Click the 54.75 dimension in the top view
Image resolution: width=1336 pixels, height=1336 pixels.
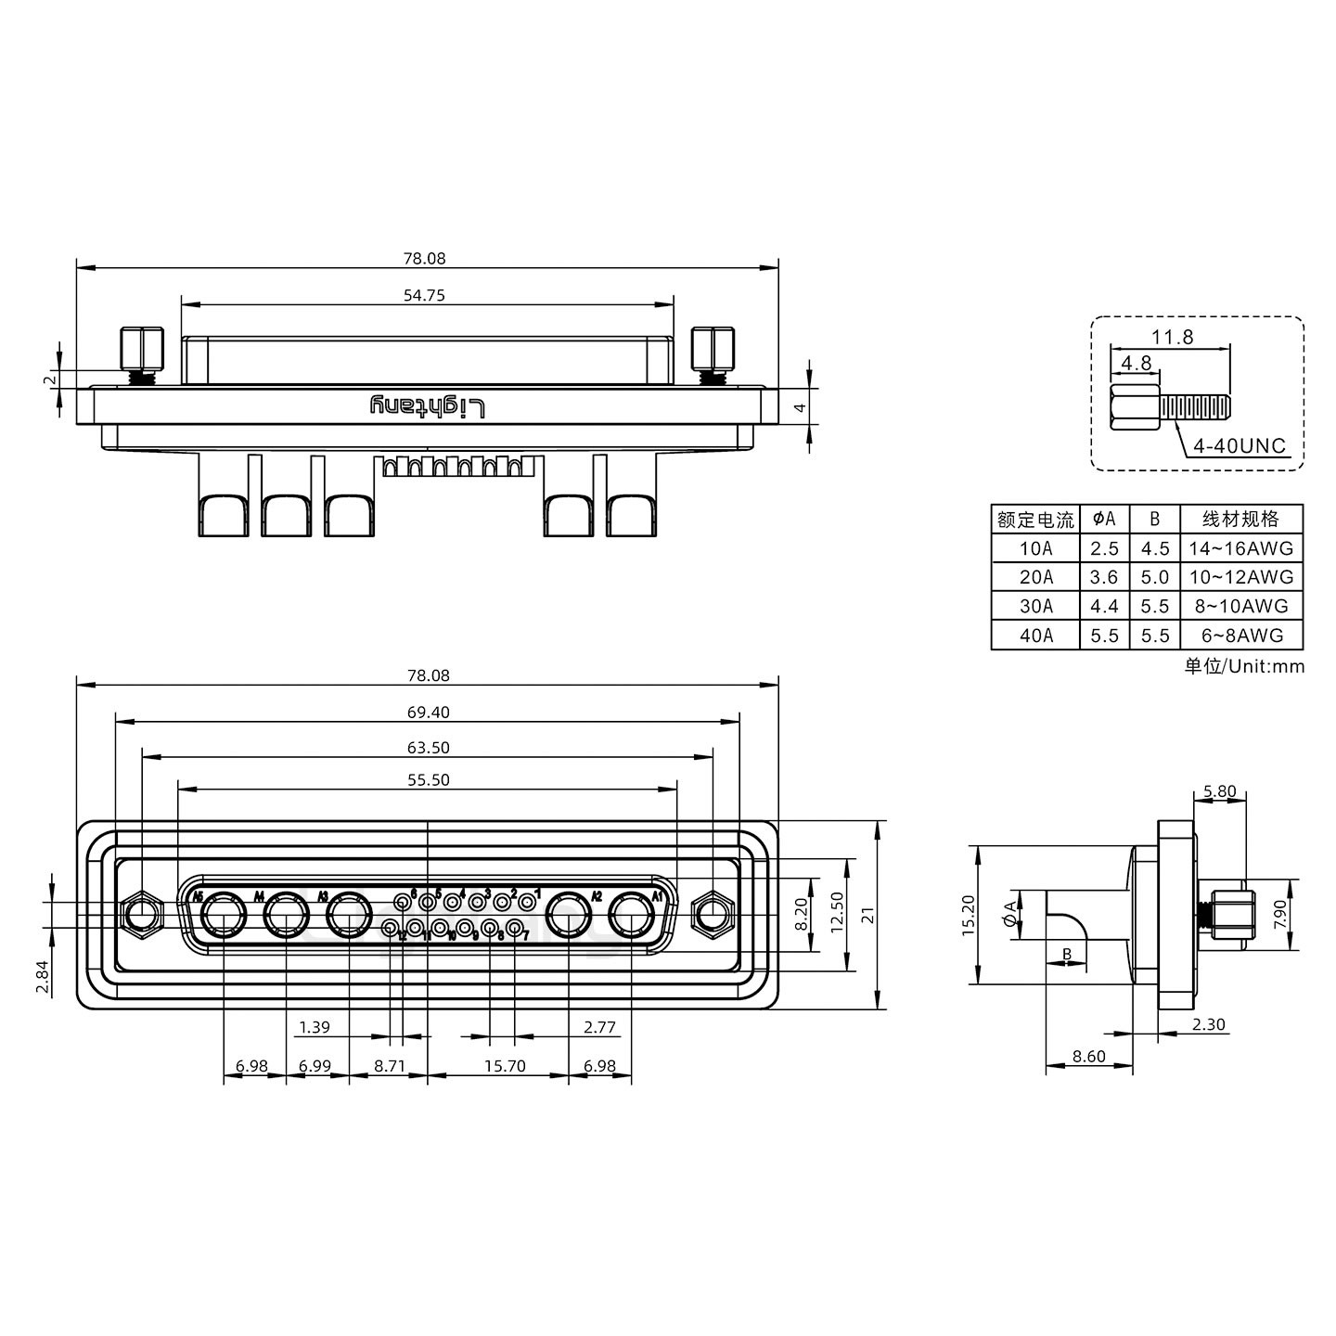point(424,295)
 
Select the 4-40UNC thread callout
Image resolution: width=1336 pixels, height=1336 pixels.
point(1239,445)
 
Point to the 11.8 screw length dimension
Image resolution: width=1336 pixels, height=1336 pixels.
point(1172,337)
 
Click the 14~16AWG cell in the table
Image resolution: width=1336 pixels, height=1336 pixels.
point(1240,547)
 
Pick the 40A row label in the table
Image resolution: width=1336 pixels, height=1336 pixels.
point(1035,636)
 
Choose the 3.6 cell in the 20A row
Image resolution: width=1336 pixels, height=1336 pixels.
point(1104,577)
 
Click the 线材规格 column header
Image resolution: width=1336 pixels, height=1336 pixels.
point(1240,518)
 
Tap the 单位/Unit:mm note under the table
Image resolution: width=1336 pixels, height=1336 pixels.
point(1243,666)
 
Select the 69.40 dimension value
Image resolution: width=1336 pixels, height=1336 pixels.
point(428,712)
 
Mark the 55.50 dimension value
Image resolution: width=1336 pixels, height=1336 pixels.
point(428,779)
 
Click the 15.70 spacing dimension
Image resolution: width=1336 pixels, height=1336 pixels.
point(505,1066)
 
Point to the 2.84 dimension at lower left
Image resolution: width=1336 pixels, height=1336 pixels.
point(42,977)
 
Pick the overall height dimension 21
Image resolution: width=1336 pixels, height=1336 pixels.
point(868,916)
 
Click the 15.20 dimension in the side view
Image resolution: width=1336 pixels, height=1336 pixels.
point(968,915)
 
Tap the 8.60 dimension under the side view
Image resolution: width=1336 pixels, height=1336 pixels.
point(1088,1056)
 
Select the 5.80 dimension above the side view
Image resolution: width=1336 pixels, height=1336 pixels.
point(1219,791)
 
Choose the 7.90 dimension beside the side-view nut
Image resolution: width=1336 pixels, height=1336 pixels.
point(1280,915)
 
